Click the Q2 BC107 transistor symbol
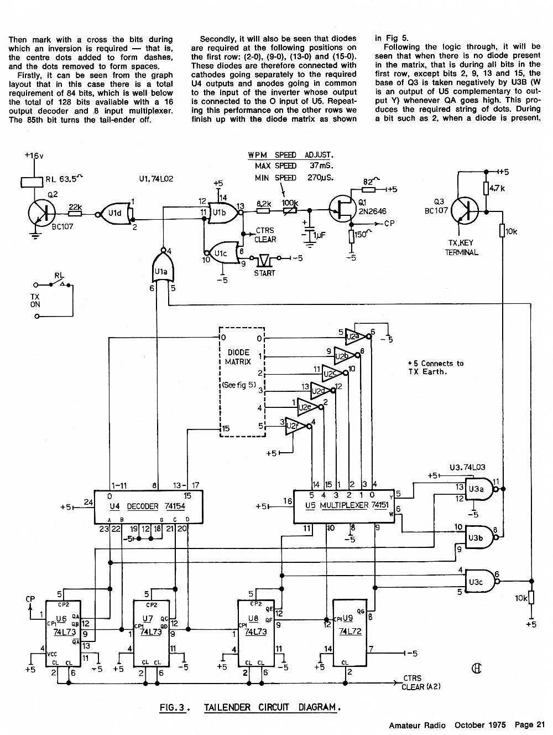(42, 214)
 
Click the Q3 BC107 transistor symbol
(465, 211)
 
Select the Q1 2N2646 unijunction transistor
(342, 210)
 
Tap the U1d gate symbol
(114, 213)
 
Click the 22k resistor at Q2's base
(75, 213)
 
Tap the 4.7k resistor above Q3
(486, 189)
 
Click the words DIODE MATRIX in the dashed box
(238, 357)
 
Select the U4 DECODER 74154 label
(147, 506)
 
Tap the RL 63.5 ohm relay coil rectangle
(32, 182)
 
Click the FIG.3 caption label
(173, 707)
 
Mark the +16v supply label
(34, 155)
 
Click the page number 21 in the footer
(541, 724)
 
